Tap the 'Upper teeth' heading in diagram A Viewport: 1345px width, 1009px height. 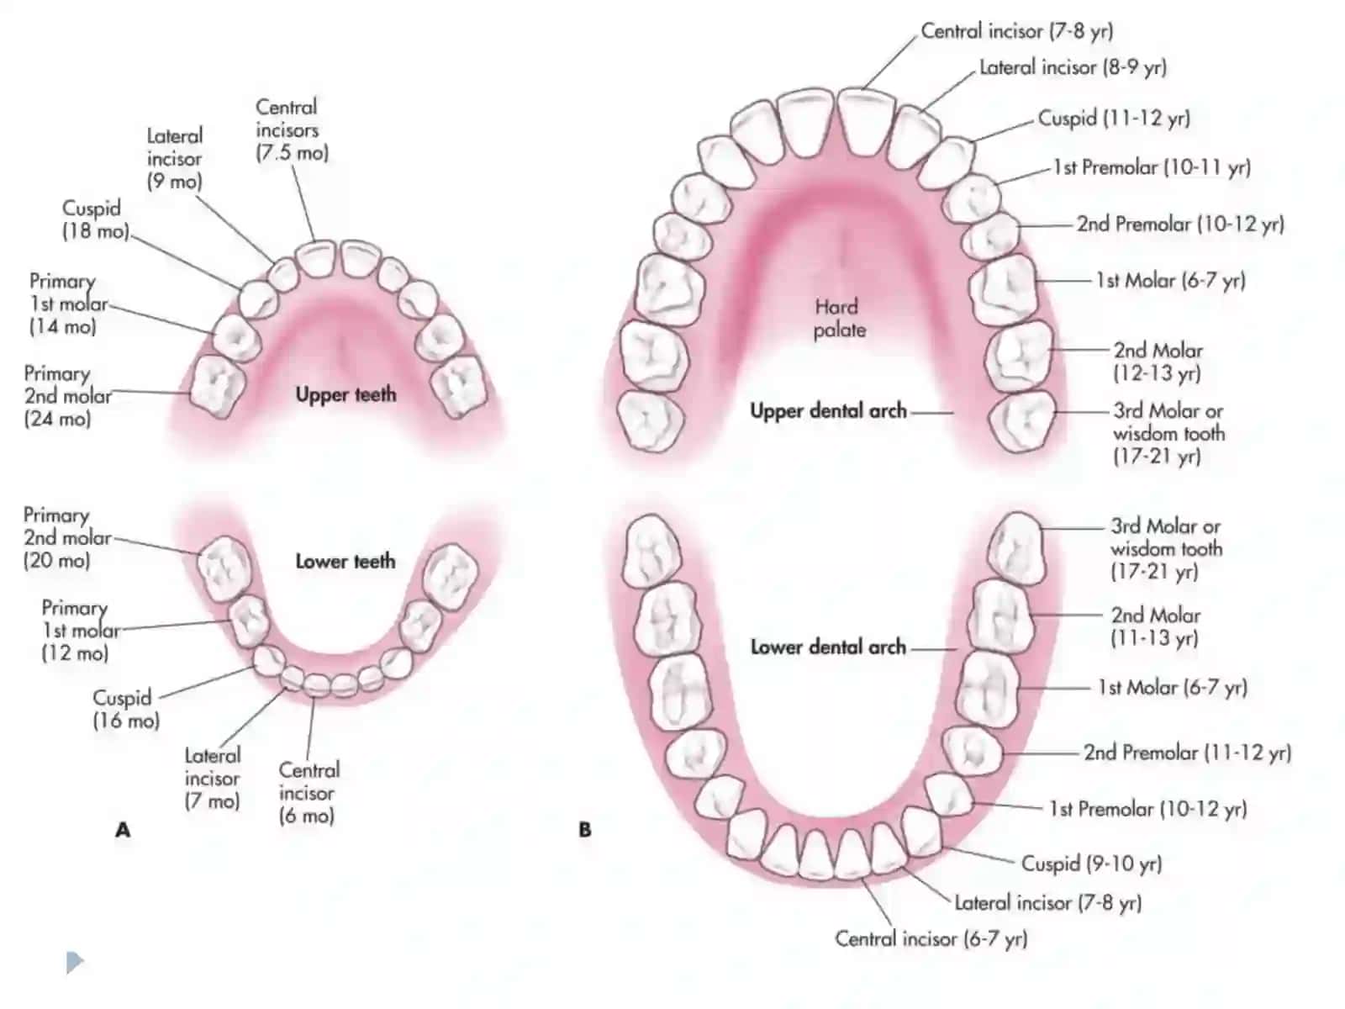click(345, 394)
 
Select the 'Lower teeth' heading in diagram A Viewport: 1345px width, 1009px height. click(345, 561)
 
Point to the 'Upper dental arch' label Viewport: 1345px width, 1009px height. click(829, 411)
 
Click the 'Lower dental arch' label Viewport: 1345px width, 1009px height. click(829, 647)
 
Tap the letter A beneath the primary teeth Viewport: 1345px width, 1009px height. click(123, 830)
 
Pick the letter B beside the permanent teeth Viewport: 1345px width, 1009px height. click(584, 830)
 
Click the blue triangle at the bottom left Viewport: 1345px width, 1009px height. click(75, 962)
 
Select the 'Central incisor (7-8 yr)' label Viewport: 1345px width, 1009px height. click(1017, 31)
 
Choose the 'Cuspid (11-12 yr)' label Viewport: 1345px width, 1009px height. click(1113, 119)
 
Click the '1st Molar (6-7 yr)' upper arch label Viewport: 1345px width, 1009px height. click(1170, 281)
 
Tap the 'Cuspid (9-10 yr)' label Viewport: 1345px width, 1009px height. click(1091, 864)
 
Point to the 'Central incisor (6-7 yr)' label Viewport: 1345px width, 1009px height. click(931, 938)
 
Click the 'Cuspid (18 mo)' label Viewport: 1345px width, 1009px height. click(96, 219)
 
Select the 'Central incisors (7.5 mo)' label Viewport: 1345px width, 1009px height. click(292, 129)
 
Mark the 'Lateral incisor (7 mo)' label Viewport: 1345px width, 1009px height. click(212, 779)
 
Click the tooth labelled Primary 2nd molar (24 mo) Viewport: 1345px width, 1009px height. click(217, 387)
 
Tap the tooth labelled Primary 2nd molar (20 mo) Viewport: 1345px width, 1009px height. click(224, 569)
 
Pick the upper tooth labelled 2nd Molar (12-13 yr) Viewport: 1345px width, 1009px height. click(1018, 356)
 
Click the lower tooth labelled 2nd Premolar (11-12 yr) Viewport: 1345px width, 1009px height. click(972, 751)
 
